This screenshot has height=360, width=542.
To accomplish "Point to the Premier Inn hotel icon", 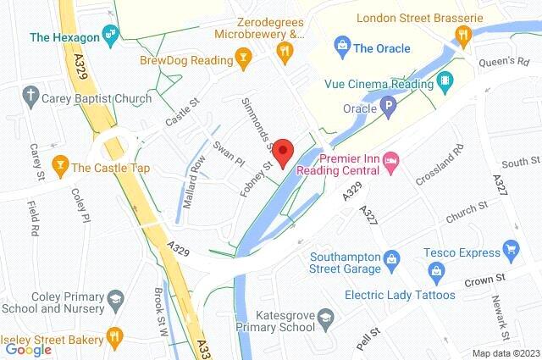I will point(390,160).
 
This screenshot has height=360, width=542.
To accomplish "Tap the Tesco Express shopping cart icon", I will point(510,249).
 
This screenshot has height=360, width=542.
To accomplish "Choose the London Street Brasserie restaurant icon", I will point(462,35).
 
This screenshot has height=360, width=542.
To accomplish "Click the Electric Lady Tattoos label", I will point(400,295).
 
